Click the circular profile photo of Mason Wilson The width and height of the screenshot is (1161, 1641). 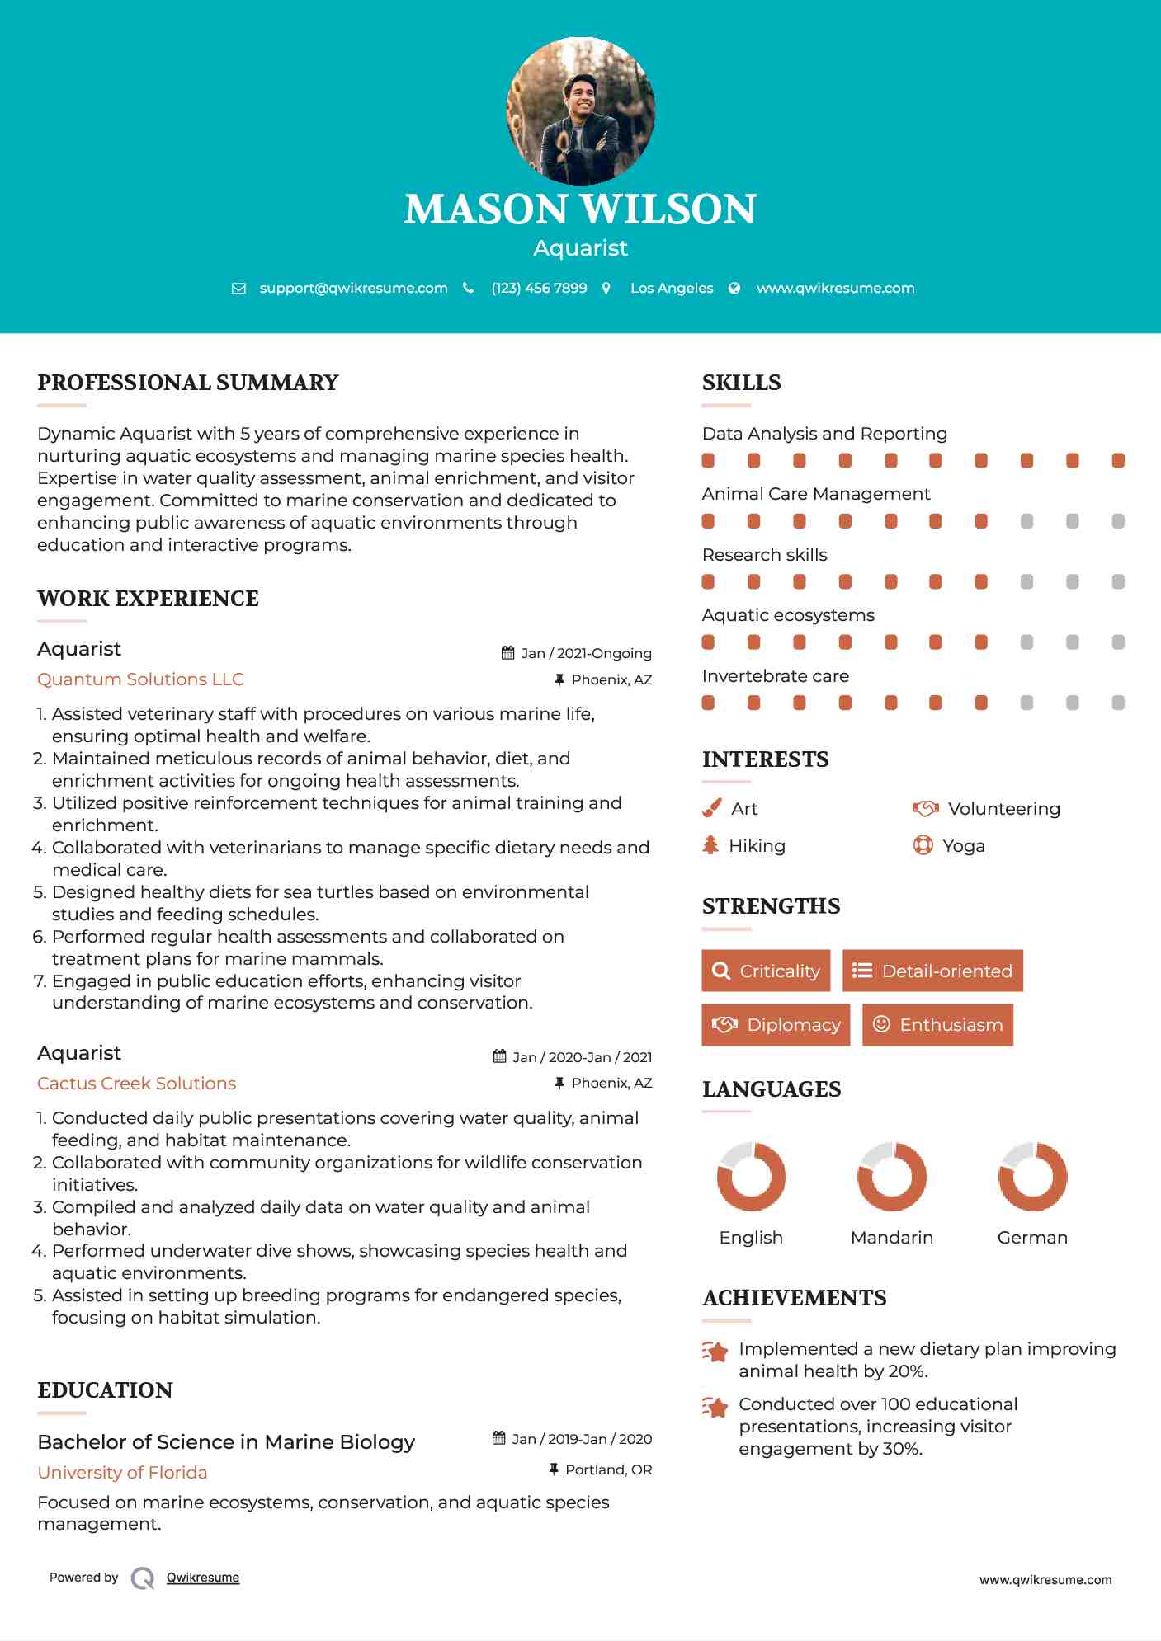(580, 110)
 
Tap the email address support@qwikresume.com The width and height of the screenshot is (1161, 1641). (353, 288)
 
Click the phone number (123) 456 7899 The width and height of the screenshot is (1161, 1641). (539, 288)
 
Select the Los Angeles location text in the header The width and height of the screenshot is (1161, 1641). (672, 288)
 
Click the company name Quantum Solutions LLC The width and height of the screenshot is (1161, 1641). (140, 679)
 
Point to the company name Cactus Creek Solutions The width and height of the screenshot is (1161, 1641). (136, 1084)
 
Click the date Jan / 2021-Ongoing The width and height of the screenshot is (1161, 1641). (586, 653)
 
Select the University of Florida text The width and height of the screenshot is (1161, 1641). (122, 1473)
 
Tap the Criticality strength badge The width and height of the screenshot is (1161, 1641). (766, 971)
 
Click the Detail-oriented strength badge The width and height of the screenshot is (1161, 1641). (932, 971)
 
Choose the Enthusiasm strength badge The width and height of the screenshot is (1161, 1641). (937, 1024)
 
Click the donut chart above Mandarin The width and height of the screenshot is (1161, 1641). (892, 1177)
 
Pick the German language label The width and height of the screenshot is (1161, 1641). (1032, 1238)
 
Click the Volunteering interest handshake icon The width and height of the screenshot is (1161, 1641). (925, 808)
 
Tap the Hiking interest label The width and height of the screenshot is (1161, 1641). (757, 846)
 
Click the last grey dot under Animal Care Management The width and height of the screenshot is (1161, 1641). (1118, 521)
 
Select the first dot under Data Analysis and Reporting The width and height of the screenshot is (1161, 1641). (708, 460)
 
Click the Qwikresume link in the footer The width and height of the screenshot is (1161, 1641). (203, 1578)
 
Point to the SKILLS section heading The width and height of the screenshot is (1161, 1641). (741, 383)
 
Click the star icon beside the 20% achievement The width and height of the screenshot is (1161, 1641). (715, 1352)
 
